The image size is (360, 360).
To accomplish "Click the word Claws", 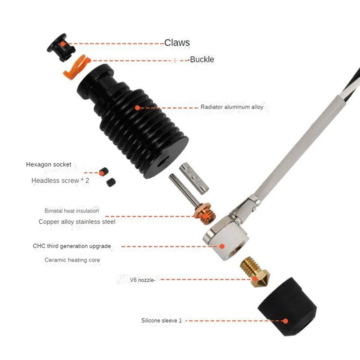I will coord(177,43).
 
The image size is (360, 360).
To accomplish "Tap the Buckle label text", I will coord(202,59).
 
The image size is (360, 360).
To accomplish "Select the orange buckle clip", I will coord(74,67).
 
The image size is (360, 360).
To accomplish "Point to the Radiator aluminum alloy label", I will coord(232,107).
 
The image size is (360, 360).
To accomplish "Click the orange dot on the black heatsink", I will coord(137,108).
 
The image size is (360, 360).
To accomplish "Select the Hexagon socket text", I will coord(49,165).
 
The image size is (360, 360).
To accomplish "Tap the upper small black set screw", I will coord(105,171).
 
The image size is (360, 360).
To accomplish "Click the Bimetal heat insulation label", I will coord(72,211).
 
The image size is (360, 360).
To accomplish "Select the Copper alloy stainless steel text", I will coord(77,222).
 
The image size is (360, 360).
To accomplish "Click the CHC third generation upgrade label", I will coord(72,246).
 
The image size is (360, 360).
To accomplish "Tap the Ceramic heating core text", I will coord(72,260).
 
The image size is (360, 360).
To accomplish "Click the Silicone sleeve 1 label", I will coord(161,321).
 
